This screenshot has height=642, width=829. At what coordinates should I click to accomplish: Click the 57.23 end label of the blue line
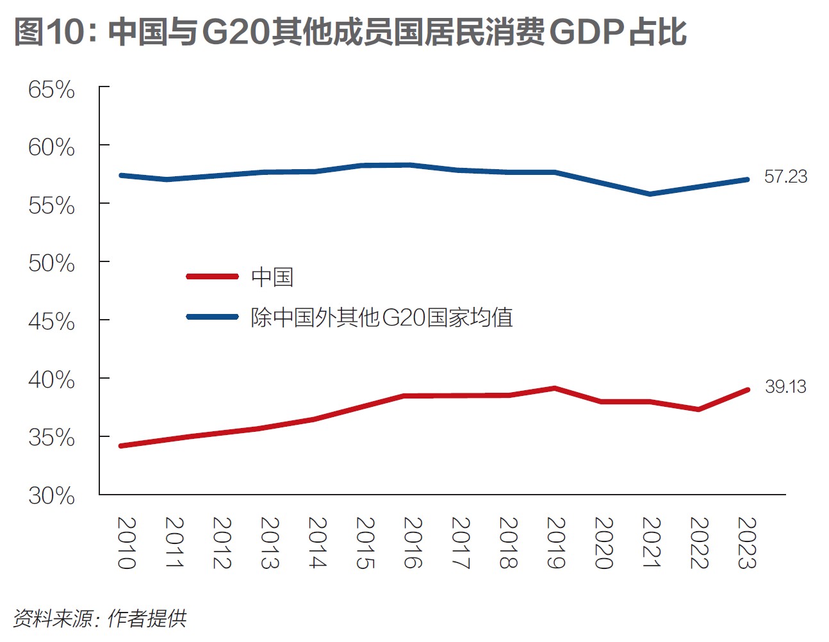(x=785, y=177)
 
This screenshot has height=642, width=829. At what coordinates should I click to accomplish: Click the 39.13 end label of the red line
(x=785, y=387)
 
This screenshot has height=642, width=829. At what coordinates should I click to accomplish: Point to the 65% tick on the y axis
(x=51, y=90)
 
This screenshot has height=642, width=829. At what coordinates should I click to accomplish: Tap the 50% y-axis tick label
(x=51, y=263)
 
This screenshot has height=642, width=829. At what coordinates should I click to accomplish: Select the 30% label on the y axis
(x=51, y=496)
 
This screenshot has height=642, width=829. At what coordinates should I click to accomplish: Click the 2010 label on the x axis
(x=126, y=543)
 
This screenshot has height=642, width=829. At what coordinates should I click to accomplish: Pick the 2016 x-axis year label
(x=413, y=543)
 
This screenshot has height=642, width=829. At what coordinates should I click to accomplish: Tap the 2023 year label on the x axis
(x=747, y=543)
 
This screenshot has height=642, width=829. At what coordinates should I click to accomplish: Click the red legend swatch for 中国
(x=212, y=277)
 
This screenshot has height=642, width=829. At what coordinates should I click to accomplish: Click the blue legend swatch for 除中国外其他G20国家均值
(x=212, y=317)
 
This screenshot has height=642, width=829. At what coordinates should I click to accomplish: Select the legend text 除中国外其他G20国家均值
(x=382, y=317)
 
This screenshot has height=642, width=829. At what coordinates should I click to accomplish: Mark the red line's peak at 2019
(x=555, y=388)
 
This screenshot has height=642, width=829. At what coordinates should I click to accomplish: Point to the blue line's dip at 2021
(x=650, y=193)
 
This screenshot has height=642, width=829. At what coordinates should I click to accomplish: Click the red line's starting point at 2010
(x=121, y=445)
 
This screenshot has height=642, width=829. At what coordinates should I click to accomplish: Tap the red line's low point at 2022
(x=698, y=409)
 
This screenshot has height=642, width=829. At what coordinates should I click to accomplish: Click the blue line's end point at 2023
(x=747, y=179)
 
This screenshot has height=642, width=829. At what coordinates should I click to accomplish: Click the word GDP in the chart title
(x=586, y=32)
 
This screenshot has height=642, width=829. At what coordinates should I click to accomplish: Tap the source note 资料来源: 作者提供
(x=100, y=618)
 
